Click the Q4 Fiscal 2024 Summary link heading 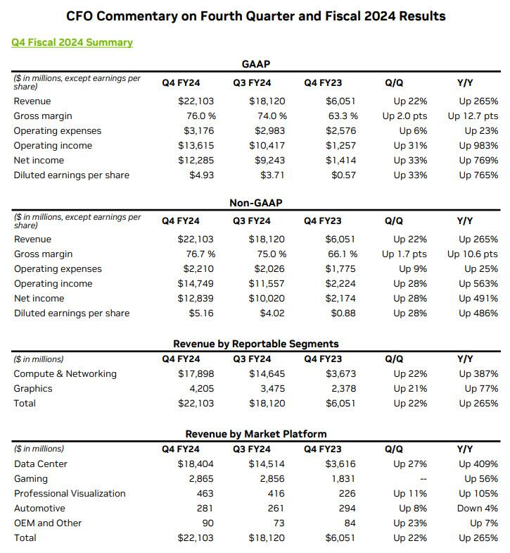tap(72, 42)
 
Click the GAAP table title tap(256, 64)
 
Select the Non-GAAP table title tap(256, 203)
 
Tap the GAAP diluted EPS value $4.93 tap(201, 175)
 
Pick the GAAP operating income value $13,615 tap(196, 146)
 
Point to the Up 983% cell tap(478, 146)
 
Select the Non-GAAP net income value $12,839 tap(196, 299)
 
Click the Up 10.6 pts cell tap(472, 254)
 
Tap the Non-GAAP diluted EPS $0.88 tap(343, 313)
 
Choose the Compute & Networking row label tap(65, 374)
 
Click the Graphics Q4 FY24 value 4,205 tap(201, 389)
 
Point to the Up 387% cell tap(478, 374)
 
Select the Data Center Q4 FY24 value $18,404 tap(196, 464)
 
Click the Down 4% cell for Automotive tap(477, 508)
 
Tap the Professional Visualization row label tap(70, 493)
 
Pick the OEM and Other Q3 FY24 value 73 tap(279, 523)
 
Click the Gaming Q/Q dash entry tap(423, 479)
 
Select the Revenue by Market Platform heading tap(256, 434)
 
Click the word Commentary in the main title tap(137, 16)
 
